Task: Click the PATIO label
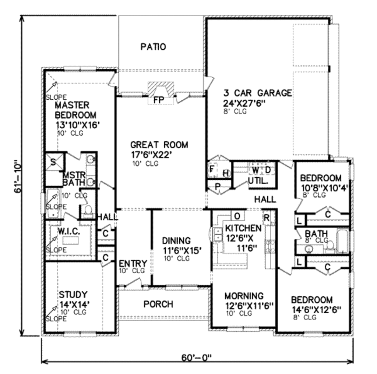[153, 47]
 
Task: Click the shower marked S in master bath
[53, 162]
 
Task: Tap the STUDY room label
[73, 295]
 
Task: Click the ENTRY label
[133, 264]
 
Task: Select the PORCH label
[158, 304]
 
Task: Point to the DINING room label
[177, 241]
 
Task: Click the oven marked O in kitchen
[237, 216]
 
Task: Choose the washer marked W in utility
[255, 170]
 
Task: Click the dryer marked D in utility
[268, 170]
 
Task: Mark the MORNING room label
[244, 296]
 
